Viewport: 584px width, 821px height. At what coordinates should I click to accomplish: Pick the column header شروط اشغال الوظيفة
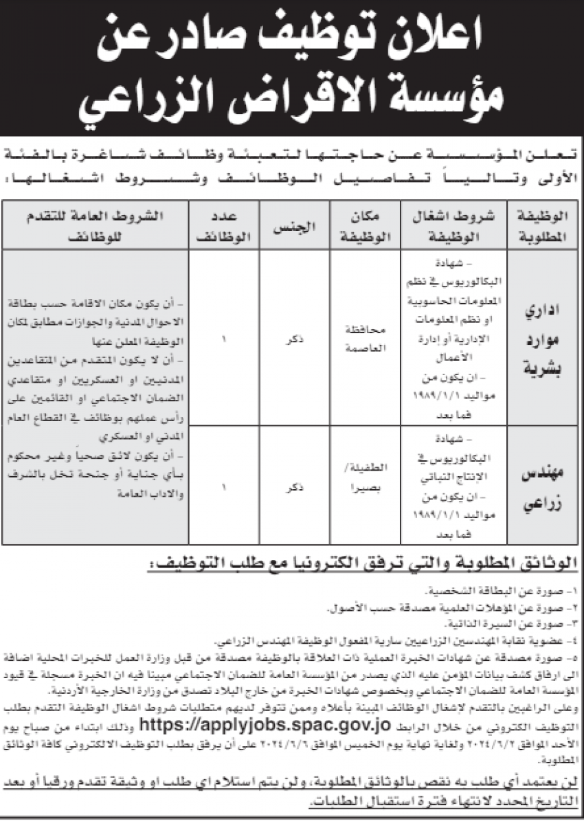pyautogui.click(x=453, y=225)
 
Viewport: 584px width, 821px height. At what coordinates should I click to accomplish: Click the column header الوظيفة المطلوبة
pyautogui.click(x=541, y=225)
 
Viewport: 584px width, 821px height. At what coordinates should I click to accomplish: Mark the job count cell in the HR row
pyautogui.click(x=223, y=338)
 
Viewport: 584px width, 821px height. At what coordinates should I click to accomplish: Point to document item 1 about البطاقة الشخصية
pyautogui.click(x=508, y=591)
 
